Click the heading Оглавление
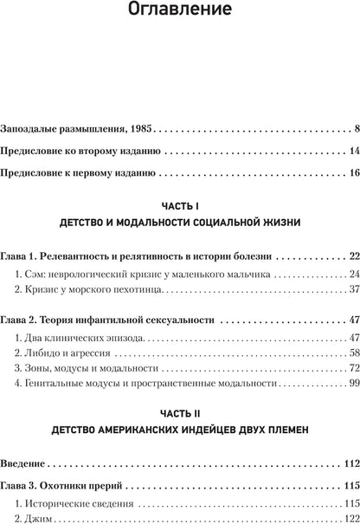coord(180,13)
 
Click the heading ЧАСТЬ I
coord(180,206)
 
